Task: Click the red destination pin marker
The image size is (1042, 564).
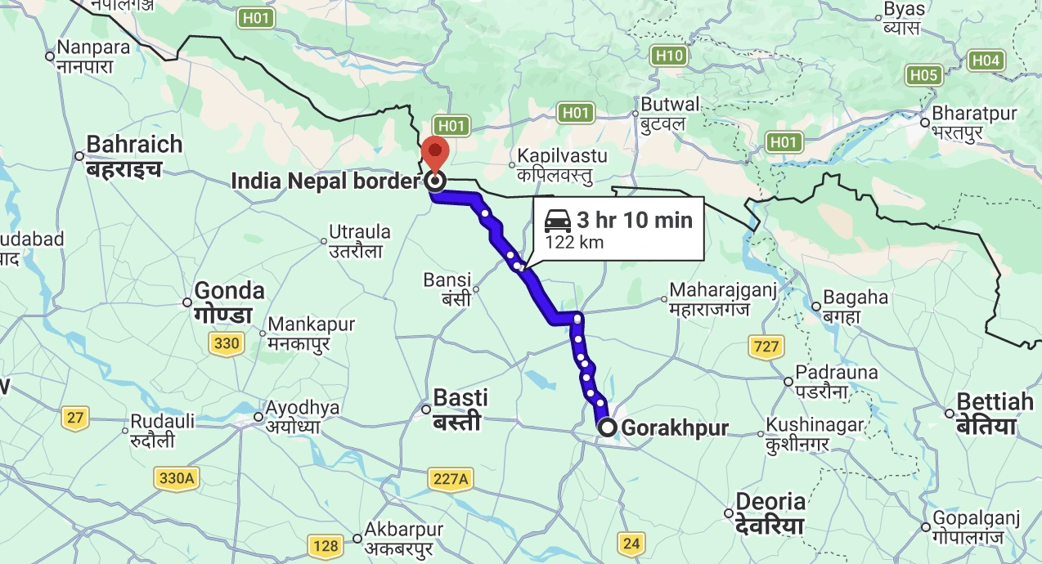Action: pyautogui.click(x=435, y=152)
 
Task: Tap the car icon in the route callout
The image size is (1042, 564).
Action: pyautogui.click(x=557, y=221)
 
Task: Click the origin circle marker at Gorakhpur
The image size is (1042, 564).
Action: pyautogui.click(x=608, y=427)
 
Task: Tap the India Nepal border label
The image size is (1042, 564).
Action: pyautogui.click(x=326, y=181)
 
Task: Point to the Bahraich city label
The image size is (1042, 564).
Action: pyautogui.click(x=134, y=145)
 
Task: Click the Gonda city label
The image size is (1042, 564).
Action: pyautogui.click(x=229, y=291)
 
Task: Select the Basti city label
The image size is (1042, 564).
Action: pyautogui.click(x=460, y=399)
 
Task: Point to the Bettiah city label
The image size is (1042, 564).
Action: pyautogui.click(x=995, y=402)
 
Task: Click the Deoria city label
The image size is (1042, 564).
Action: pyautogui.click(x=771, y=501)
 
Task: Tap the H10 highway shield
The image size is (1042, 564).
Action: pyautogui.click(x=669, y=56)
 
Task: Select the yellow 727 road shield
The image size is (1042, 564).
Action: pyautogui.click(x=766, y=347)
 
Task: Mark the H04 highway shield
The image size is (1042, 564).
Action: pyautogui.click(x=985, y=60)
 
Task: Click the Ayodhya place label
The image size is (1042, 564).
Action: pyautogui.click(x=302, y=408)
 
